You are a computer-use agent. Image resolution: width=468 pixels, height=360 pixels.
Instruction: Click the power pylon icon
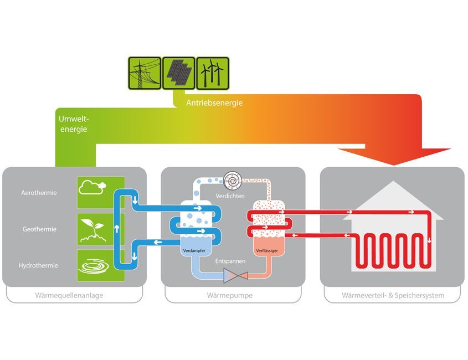pyautogui.click(x=145, y=73)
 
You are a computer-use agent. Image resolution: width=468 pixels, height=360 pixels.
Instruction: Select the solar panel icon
pyautogui.click(x=178, y=73)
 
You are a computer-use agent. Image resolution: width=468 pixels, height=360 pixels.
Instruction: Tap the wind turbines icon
pyautogui.click(x=213, y=73)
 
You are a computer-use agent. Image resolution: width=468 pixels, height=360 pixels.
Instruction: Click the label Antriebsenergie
pyautogui.click(x=214, y=103)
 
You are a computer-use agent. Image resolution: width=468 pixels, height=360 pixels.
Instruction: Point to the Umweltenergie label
pyautogui.click(x=74, y=124)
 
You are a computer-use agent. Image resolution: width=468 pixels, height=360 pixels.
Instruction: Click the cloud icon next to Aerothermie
pyautogui.click(x=92, y=187)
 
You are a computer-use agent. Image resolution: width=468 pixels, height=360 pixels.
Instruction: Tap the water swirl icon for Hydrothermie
pyautogui.click(x=94, y=266)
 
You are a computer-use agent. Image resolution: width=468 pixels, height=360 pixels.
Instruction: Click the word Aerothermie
pyautogui.click(x=39, y=193)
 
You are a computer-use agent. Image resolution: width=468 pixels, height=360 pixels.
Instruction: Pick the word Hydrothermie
pyautogui.click(x=38, y=266)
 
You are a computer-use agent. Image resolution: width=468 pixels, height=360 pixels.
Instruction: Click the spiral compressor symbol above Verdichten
pyautogui.click(x=233, y=181)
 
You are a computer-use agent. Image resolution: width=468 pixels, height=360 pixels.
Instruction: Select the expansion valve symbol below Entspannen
pyautogui.click(x=236, y=275)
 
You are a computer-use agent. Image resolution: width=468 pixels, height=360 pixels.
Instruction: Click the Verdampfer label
pyautogui.click(x=194, y=251)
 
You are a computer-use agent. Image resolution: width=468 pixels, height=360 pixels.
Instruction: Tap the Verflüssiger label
pyautogui.click(x=267, y=251)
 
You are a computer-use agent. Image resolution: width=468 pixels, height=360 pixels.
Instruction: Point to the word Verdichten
pyautogui.click(x=230, y=196)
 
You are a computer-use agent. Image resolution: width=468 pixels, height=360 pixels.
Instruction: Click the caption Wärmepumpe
pyautogui.click(x=229, y=296)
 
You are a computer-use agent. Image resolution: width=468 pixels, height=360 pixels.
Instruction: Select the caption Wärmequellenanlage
pyautogui.click(x=69, y=296)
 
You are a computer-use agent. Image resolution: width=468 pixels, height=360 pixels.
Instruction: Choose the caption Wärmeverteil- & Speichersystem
pyautogui.click(x=393, y=296)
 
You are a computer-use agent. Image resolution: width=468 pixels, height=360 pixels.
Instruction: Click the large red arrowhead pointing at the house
pyautogui.click(x=394, y=156)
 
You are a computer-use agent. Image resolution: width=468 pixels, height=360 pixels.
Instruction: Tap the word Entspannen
pyautogui.click(x=230, y=261)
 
